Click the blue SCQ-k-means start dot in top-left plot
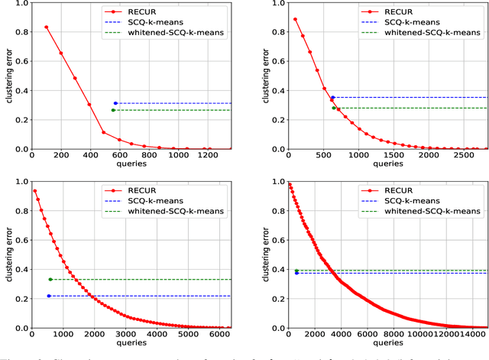point(115,103)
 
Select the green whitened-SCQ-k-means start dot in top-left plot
point(113,110)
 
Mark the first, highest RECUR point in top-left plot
point(46,27)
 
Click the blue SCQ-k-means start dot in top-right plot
point(332,98)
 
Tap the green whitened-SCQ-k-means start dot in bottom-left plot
point(50,280)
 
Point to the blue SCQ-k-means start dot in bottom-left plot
point(49,296)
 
